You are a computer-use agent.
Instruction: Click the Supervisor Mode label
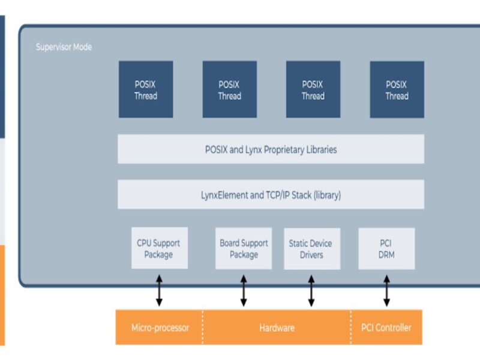[64, 47]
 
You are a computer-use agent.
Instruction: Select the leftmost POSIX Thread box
[145, 89]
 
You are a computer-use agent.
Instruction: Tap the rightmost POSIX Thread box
[397, 89]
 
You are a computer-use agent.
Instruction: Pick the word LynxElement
[224, 195]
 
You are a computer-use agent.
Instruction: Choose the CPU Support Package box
[159, 248]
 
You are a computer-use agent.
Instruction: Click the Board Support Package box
[244, 248]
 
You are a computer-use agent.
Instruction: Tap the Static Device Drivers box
[311, 248]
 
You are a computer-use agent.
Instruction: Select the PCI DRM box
[386, 248]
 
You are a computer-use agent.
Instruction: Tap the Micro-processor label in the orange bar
[160, 328]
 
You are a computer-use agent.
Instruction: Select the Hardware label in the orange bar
[277, 328]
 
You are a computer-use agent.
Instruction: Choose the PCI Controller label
[386, 328]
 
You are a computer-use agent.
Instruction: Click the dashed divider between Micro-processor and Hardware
[203, 328]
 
